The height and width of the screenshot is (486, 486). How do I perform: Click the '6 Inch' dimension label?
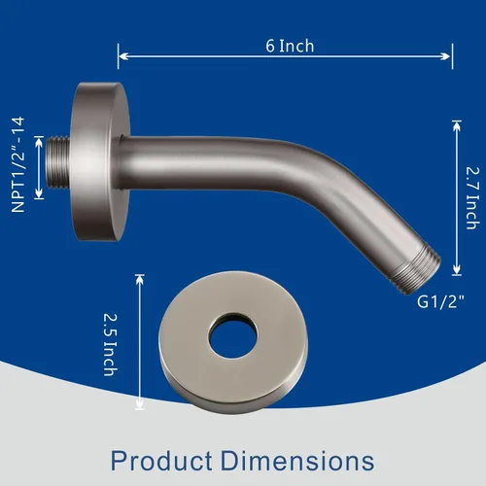290,46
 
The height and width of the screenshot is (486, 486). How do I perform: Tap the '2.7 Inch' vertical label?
472,198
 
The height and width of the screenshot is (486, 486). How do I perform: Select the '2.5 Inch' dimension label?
111,344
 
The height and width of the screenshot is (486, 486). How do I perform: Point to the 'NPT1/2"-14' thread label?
17,165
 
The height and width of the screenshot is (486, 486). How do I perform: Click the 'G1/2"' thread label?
440,302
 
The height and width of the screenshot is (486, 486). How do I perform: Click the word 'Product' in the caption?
161,461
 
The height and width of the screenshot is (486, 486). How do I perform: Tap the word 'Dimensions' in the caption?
297,461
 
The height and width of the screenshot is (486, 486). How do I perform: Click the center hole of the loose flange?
233,336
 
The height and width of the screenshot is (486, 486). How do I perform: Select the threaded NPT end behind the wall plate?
58,162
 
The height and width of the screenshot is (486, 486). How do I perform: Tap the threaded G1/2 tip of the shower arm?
417,270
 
